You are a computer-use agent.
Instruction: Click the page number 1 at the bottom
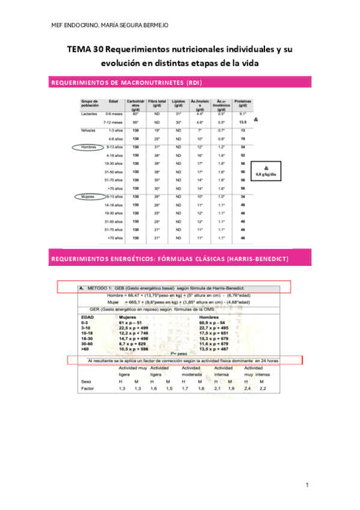(x=307, y=484)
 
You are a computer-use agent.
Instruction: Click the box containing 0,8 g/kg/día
(x=267, y=170)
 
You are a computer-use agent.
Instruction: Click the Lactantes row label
(x=89, y=113)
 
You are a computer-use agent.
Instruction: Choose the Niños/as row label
(x=88, y=130)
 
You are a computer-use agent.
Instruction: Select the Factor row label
(x=88, y=389)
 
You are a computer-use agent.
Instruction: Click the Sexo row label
(x=86, y=381)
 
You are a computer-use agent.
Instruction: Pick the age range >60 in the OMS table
(x=85, y=348)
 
